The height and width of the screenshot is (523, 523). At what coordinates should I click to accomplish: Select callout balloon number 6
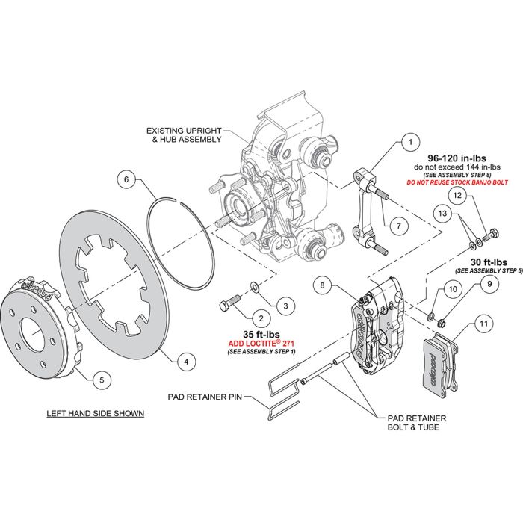pos(128,179)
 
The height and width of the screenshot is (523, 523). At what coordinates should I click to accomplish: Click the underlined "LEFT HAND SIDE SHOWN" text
pos(95,412)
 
